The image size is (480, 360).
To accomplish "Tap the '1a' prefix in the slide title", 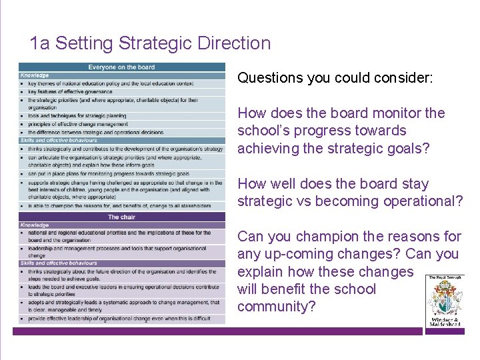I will click(40, 44).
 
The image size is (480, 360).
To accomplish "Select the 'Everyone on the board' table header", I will click(122, 67).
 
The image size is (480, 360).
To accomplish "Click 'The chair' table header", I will click(122, 217).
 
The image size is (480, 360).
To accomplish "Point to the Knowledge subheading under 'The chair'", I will click(35, 225).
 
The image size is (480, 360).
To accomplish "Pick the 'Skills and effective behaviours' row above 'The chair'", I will click(59, 141).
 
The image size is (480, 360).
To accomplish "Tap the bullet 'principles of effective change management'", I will click(77, 124).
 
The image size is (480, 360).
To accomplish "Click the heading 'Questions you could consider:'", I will click(335, 78).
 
